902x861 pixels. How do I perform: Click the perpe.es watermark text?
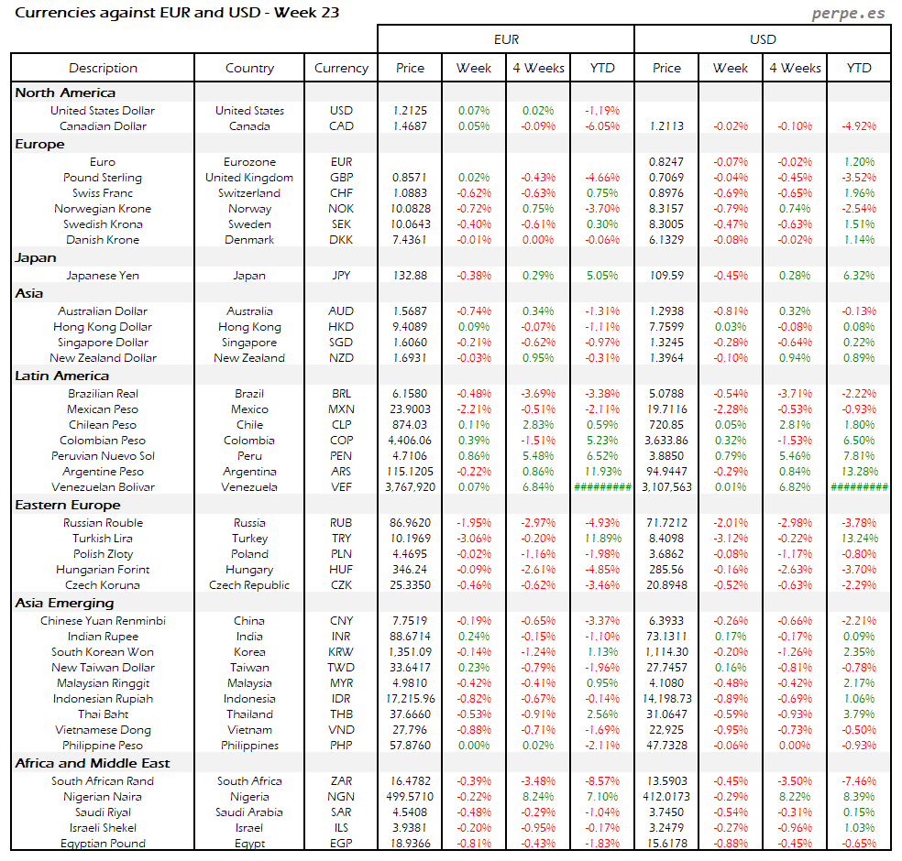(x=851, y=14)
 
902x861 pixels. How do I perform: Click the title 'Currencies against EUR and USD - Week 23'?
(x=178, y=13)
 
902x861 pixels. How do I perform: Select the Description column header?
(x=103, y=68)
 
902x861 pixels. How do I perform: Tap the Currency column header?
(x=341, y=68)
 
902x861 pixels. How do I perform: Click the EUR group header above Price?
(x=506, y=39)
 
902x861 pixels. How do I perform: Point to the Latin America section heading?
(x=62, y=376)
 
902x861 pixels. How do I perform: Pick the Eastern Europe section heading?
(x=67, y=505)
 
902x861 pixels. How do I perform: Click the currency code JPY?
(x=341, y=275)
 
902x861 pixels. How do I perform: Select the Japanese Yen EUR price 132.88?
(x=410, y=275)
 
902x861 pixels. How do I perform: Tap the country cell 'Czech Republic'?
(x=249, y=584)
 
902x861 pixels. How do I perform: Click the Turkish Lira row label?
(x=103, y=538)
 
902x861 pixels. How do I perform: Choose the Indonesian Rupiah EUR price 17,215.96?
(x=410, y=698)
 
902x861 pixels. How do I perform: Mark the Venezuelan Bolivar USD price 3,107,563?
(x=666, y=487)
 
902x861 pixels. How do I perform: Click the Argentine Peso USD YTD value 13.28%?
(x=859, y=472)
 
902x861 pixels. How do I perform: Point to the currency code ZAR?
(x=341, y=780)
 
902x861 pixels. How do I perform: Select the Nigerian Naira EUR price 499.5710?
(x=410, y=796)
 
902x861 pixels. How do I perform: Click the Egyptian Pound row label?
(x=103, y=843)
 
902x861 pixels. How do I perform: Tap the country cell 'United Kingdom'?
(x=249, y=177)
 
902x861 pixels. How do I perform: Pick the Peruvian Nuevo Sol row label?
(x=103, y=455)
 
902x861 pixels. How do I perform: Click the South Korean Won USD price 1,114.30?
(x=666, y=651)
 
